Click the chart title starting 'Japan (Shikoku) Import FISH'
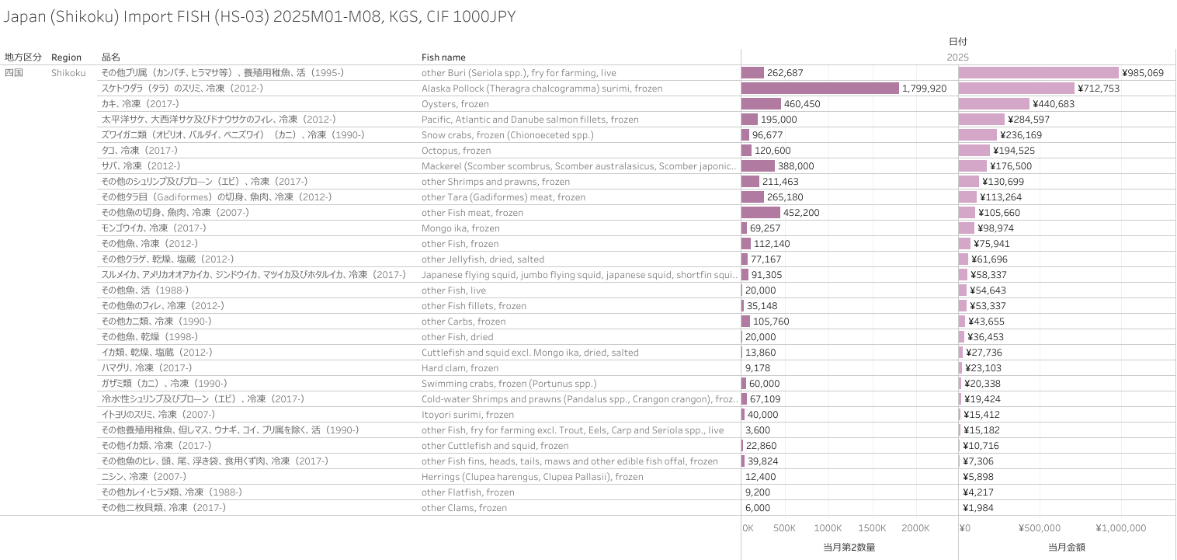click(x=259, y=17)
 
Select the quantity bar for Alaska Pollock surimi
click(x=820, y=89)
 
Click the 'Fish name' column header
click(x=443, y=57)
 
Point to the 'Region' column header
click(x=66, y=57)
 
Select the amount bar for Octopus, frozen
click(x=974, y=151)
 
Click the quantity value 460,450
click(x=802, y=104)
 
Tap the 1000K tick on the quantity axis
click(x=828, y=528)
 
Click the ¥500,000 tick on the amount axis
click(x=1040, y=528)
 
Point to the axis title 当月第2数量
click(x=849, y=547)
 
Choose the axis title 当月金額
click(x=1067, y=547)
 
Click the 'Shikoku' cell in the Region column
click(x=68, y=73)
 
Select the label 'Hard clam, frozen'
click(x=460, y=368)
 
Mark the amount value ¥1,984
click(x=980, y=508)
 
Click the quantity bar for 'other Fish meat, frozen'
click(x=761, y=213)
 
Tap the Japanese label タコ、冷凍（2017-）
click(x=139, y=151)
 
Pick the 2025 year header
click(x=957, y=57)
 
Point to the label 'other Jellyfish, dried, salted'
click(x=482, y=259)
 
